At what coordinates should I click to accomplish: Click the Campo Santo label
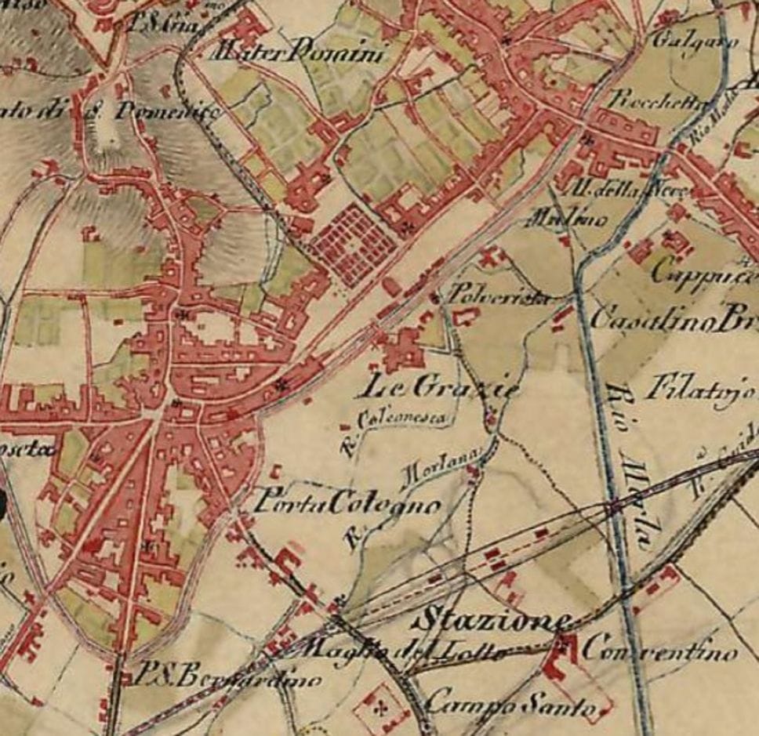point(510,700)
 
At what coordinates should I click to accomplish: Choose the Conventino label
point(659,651)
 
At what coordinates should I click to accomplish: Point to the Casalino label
point(643,320)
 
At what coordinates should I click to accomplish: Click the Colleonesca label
point(404,420)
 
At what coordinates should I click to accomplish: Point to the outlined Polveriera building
point(466,317)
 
